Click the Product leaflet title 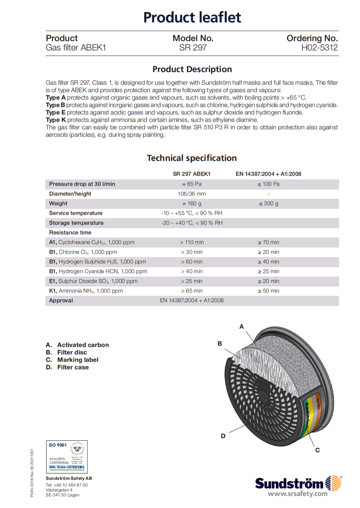192,17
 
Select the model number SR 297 193,48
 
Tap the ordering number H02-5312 320,48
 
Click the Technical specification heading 192,158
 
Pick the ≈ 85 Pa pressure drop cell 192,184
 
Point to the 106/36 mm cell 192,194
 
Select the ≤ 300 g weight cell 268,203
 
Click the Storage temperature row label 76,223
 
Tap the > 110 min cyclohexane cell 192,242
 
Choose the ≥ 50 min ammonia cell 268,291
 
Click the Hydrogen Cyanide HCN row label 98,271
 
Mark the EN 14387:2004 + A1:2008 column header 268,174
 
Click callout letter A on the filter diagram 242,327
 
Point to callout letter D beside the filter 223,436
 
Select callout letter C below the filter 317,450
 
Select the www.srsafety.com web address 298,494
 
